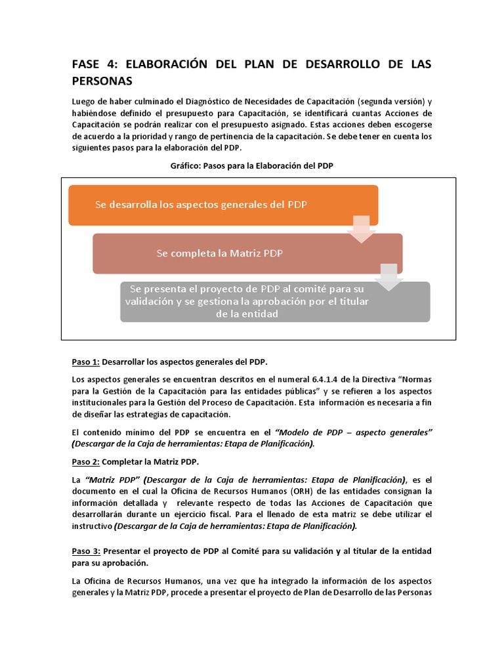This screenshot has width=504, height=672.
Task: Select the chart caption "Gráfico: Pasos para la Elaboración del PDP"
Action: point(251,166)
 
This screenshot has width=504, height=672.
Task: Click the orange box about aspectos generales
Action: point(223,205)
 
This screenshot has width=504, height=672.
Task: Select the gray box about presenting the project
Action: point(275,301)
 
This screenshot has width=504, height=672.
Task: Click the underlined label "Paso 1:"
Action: point(86,362)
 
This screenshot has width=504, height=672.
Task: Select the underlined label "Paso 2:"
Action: point(86,462)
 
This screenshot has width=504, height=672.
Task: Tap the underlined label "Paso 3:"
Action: point(86,551)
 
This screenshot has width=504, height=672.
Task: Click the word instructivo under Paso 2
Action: point(91,526)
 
